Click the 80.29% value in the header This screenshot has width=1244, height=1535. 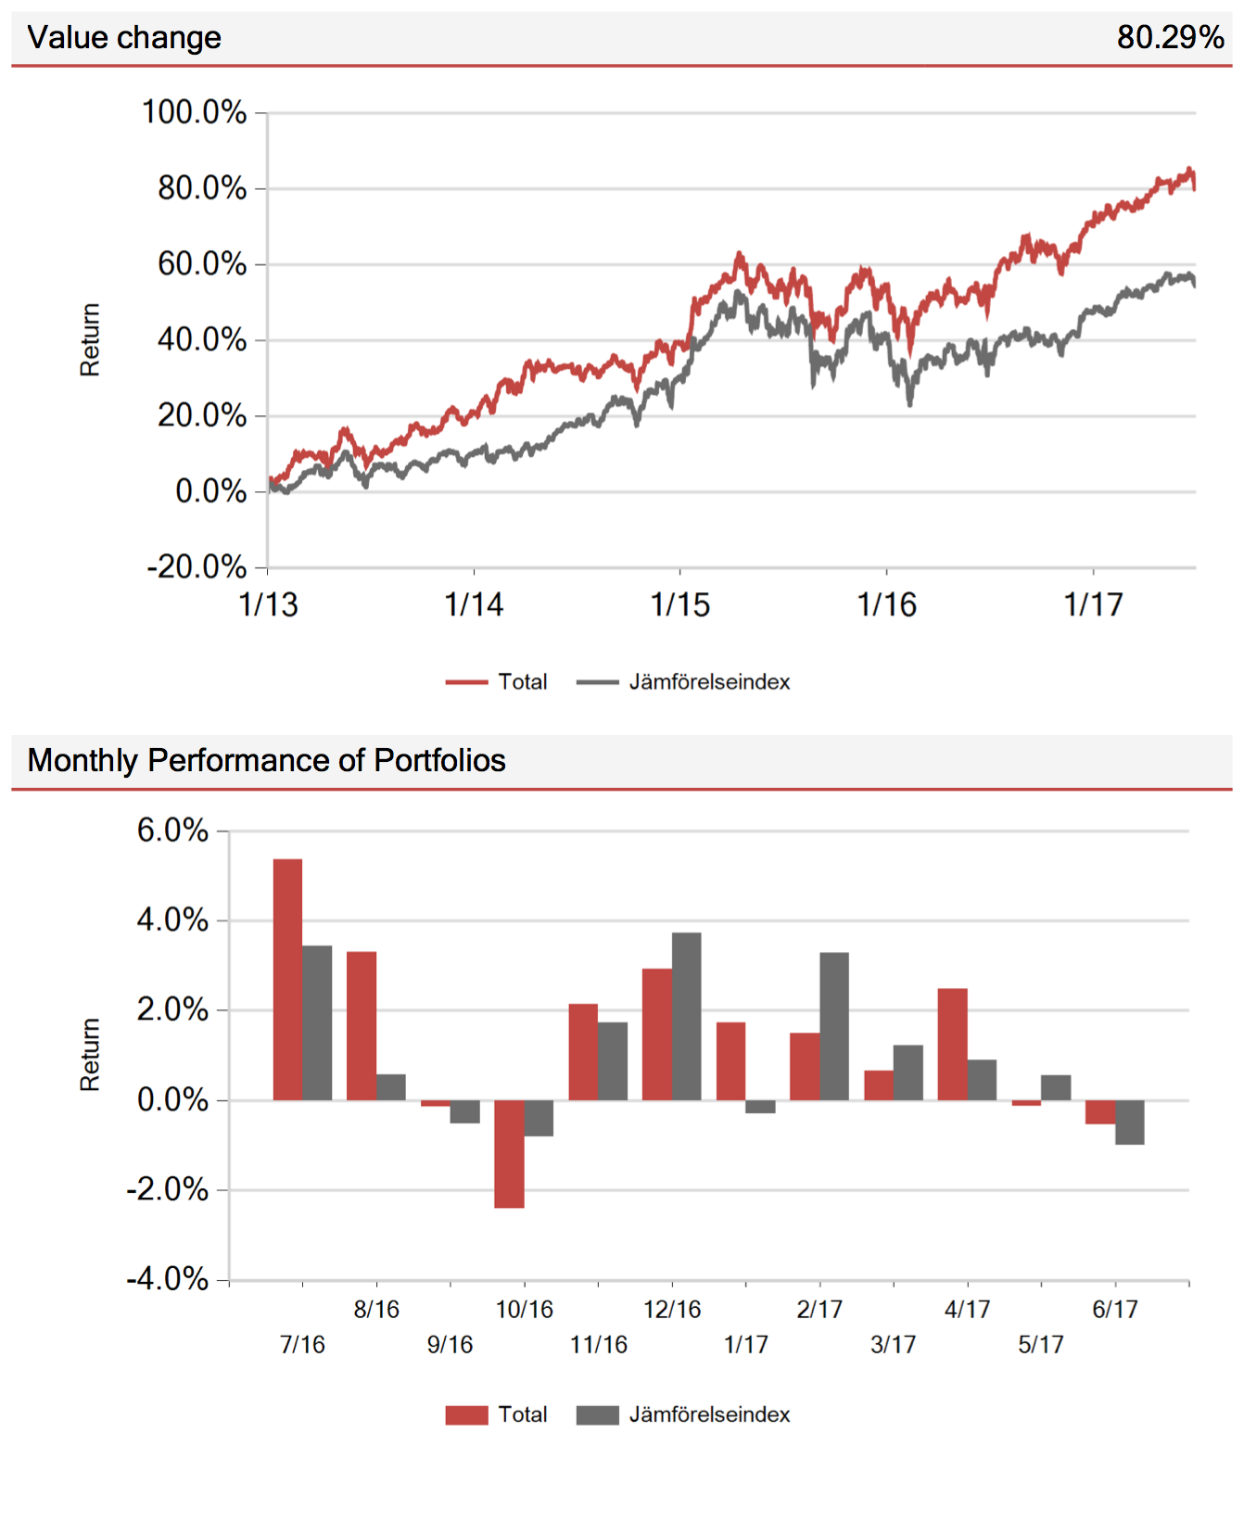coord(1170,37)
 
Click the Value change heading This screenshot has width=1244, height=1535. coord(124,37)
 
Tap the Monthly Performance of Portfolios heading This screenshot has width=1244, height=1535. coord(266,760)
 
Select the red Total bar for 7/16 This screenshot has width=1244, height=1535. coord(287,979)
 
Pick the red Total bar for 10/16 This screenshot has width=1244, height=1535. coord(509,1153)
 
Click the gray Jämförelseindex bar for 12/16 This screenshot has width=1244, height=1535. coord(686,1016)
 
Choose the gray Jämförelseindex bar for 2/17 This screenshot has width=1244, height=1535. coord(834,1026)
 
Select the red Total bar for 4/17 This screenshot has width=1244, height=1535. coord(952,1044)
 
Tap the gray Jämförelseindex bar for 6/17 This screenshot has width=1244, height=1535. coord(1129,1122)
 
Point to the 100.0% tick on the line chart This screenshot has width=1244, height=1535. coord(194,112)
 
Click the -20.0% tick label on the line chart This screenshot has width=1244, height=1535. coord(197,566)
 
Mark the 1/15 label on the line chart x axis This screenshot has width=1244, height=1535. coord(679,605)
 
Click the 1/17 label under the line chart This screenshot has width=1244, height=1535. coord(1093,605)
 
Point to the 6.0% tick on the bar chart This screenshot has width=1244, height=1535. coord(172,831)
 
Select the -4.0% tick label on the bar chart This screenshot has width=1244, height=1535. coord(168,1279)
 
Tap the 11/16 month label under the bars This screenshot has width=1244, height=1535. coord(598,1344)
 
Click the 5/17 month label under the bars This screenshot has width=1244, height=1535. coord(1040,1344)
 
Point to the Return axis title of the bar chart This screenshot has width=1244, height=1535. coord(90,1054)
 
